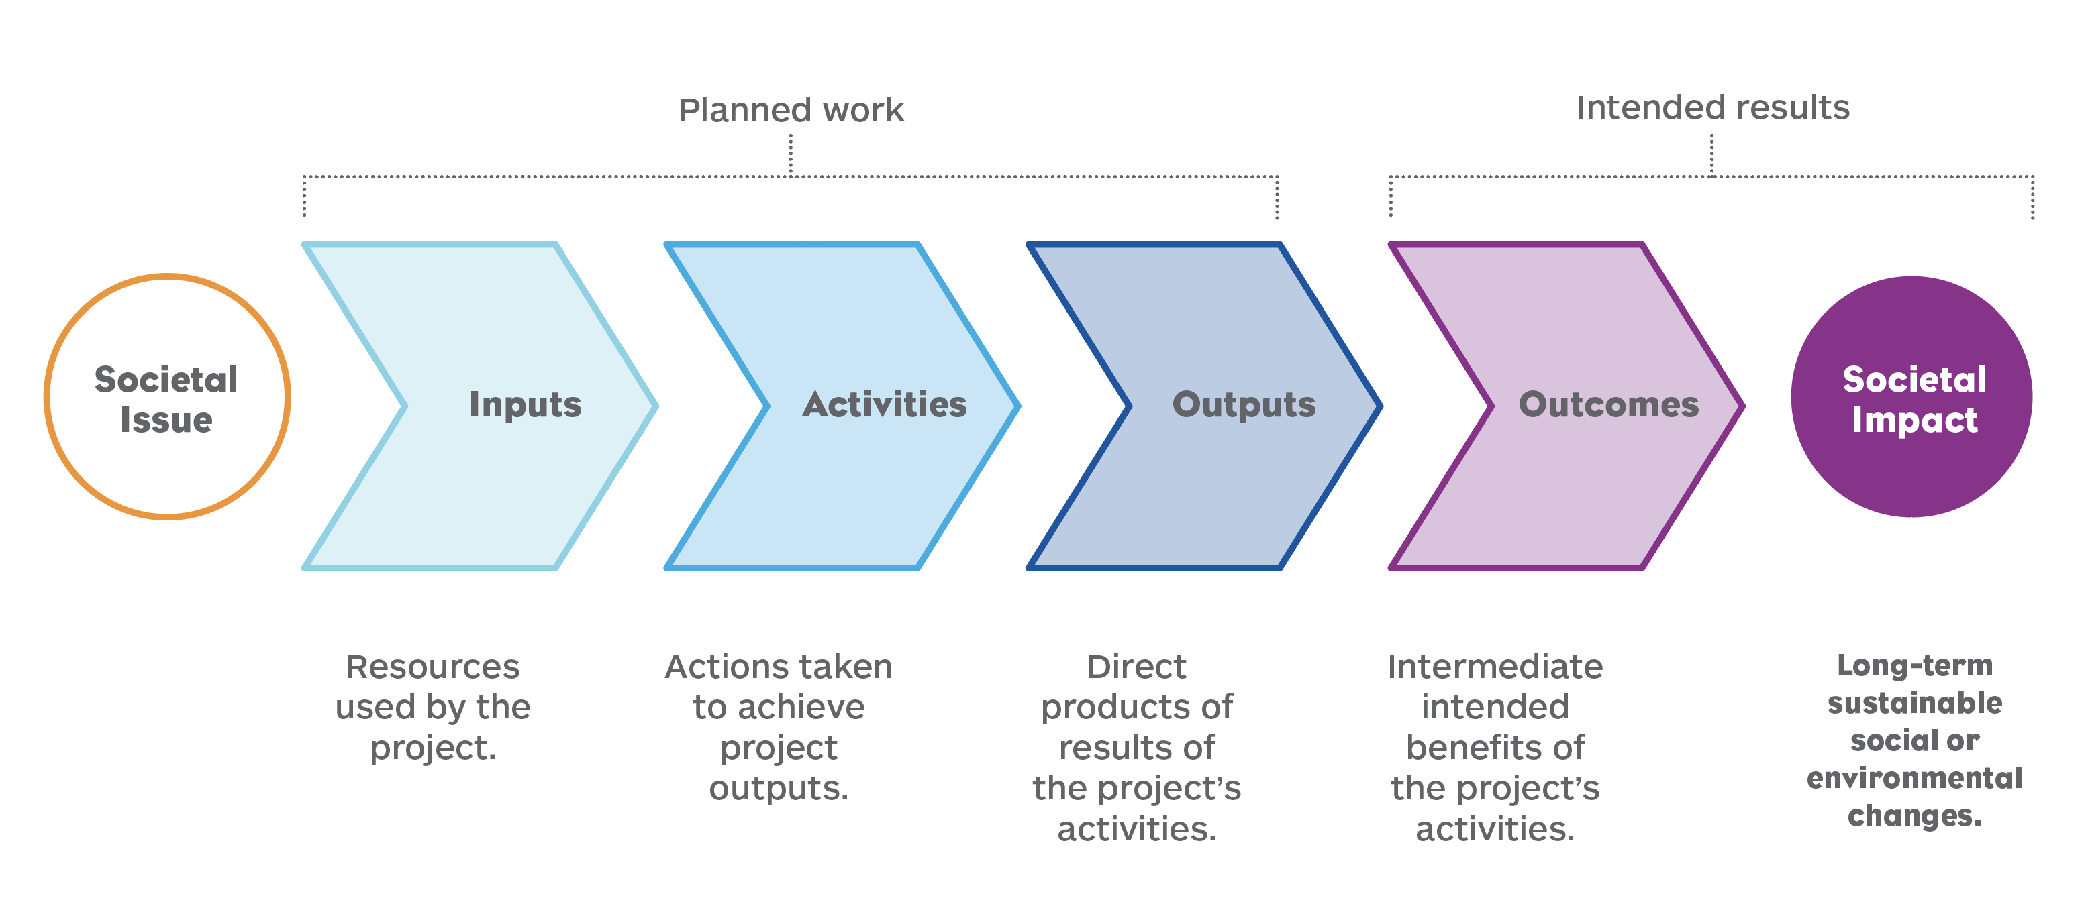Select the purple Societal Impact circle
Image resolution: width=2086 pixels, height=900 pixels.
coord(1912,396)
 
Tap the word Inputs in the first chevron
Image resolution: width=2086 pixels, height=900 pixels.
coord(525,404)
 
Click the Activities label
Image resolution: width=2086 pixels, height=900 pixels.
coord(885,404)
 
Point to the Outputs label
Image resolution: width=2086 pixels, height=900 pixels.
coord(1244,404)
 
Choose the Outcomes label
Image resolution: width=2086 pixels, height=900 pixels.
coord(1608,404)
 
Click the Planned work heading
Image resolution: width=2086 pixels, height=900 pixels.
coord(791,110)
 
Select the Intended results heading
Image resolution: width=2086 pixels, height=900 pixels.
coord(1712,107)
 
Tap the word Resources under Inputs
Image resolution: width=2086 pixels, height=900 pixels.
coord(432,667)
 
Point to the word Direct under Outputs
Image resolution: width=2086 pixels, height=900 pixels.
coord(1136,667)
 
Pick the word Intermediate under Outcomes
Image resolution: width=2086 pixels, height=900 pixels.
coord(1495,667)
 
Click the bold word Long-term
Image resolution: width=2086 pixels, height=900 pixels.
coord(1914,665)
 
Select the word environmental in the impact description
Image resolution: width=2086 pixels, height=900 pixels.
coord(1914,778)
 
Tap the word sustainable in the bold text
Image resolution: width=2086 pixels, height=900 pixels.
coord(1914,703)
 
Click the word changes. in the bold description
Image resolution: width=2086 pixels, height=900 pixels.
coord(1914,815)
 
